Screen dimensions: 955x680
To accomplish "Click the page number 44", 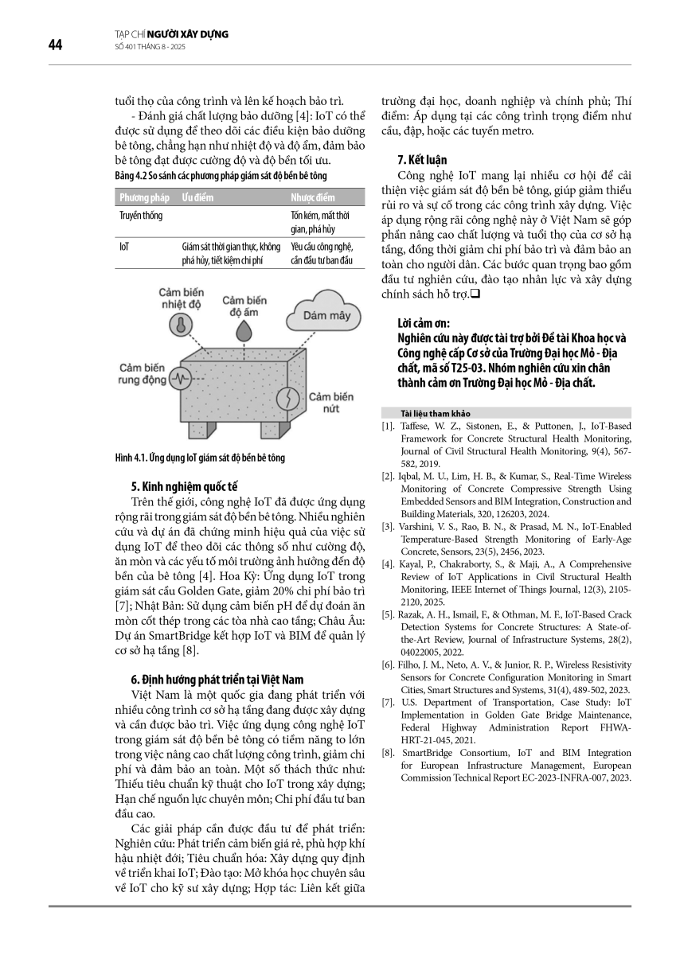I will [x=55, y=45].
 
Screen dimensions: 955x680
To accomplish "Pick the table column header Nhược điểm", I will [x=313, y=197].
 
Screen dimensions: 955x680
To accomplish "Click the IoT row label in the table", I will [x=124, y=247].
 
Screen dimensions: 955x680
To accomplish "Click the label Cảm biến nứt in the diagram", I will [x=330, y=401].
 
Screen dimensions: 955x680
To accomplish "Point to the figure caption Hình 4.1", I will [x=200, y=458].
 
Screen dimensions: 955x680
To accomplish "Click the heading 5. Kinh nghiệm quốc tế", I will [x=185, y=485].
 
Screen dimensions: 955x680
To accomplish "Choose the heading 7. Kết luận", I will [x=424, y=159].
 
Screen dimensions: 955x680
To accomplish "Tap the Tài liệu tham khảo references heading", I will [x=437, y=414].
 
